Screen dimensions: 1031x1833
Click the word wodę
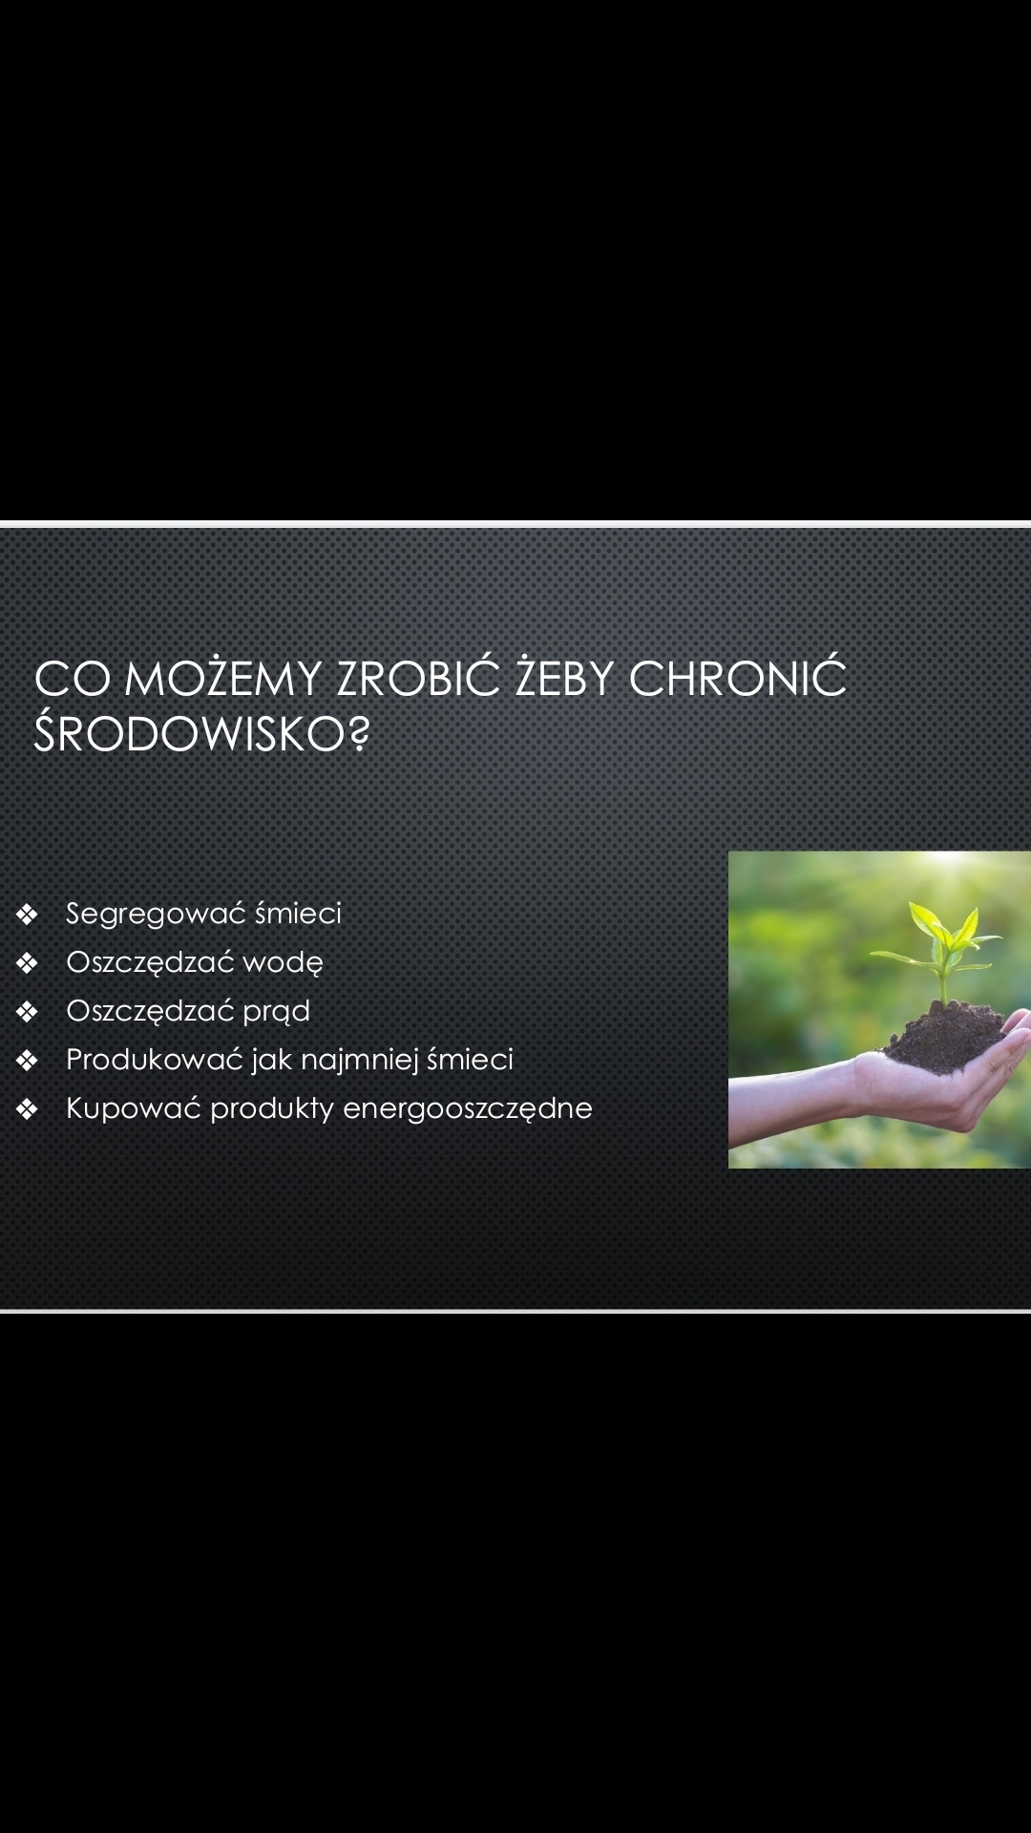pyautogui.click(x=283, y=962)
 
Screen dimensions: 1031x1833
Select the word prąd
pyautogui.click(x=276, y=1012)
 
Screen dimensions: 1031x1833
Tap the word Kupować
pyautogui.click(x=134, y=1109)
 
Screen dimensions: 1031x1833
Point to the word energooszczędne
pyautogui.click(x=468, y=1109)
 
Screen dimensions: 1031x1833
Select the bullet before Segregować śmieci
pyautogui.click(x=27, y=915)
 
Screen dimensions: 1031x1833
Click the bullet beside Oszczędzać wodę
pyautogui.click(x=27, y=963)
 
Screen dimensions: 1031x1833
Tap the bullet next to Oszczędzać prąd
pyautogui.click(x=27, y=1012)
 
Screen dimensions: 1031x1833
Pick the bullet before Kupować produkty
pyautogui.click(x=27, y=1109)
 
